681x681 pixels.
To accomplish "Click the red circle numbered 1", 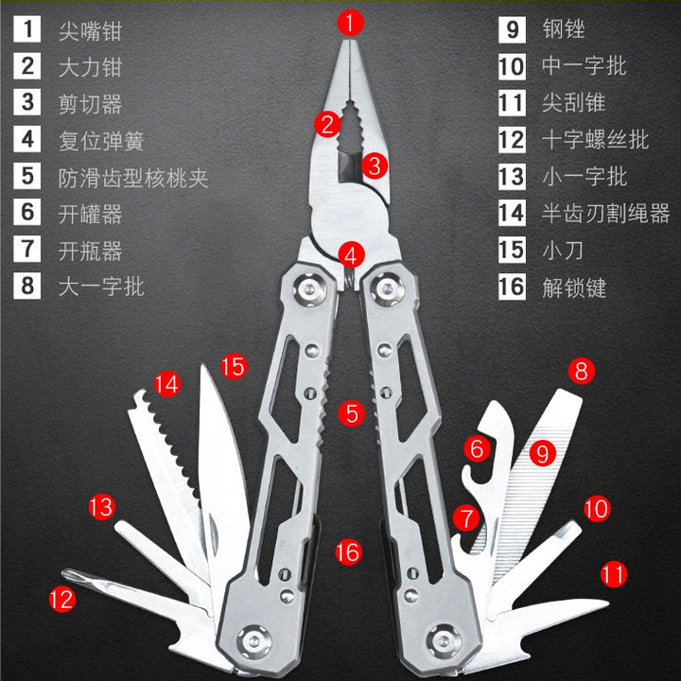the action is tap(351, 23).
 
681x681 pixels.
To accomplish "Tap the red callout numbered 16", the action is tap(348, 552).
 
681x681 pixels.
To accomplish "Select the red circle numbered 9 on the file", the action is tap(543, 453).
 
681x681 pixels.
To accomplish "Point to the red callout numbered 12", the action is tap(62, 600).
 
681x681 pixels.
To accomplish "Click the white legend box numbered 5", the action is tap(27, 176).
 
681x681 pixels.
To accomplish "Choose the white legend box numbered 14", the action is tap(512, 213).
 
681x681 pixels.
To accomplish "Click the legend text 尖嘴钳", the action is tap(91, 31).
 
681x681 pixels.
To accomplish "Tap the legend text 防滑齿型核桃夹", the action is tap(133, 178).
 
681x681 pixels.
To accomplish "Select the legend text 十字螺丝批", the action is tap(595, 140).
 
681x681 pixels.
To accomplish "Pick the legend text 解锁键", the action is tap(574, 288).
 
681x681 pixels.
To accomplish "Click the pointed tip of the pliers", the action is tap(351, 42).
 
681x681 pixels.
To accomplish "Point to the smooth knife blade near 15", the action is tap(220, 469).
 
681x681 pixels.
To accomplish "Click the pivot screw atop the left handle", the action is tap(308, 288).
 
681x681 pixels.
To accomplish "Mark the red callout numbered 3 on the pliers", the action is tap(374, 165).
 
